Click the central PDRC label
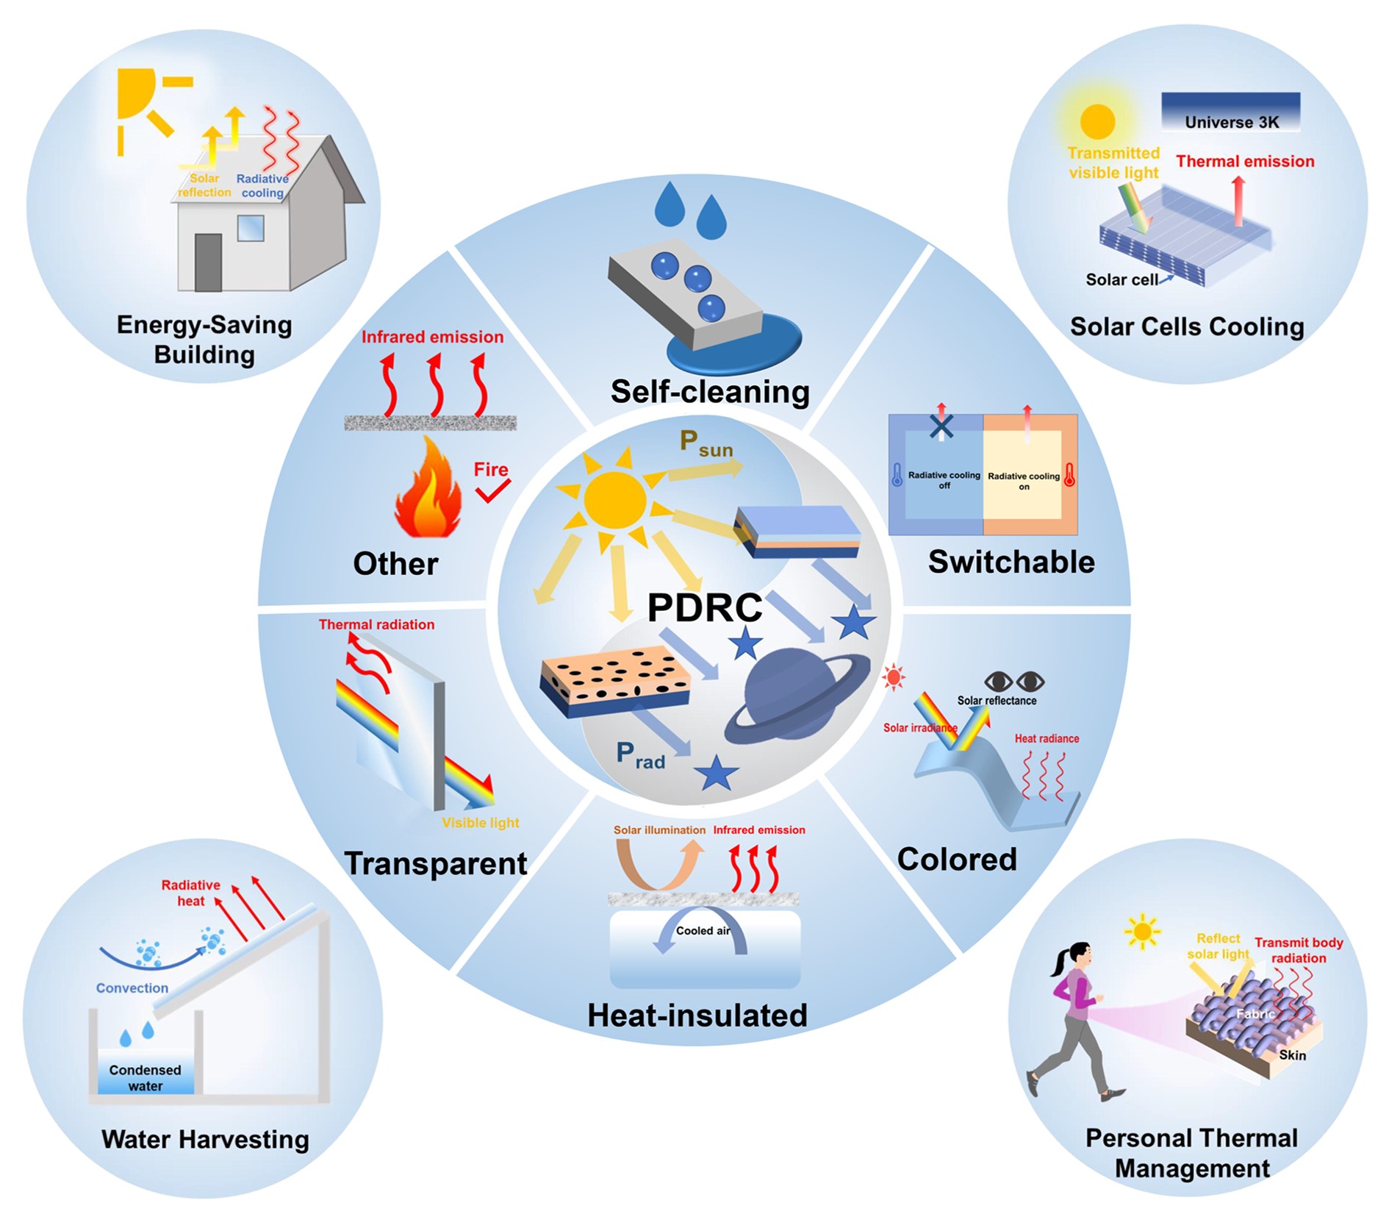point(705,607)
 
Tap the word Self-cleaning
point(709,391)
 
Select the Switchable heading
point(1011,562)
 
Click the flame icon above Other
point(428,489)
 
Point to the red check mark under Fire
point(492,490)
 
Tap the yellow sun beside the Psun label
point(614,500)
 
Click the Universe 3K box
point(1230,113)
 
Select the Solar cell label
point(1121,279)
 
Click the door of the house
point(208,263)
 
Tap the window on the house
point(250,229)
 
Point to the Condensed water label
point(145,1077)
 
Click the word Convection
point(132,988)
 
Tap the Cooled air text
point(703,931)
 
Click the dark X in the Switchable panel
point(941,426)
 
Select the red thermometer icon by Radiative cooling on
point(1069,474)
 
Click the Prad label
point(640,755)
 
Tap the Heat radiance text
point(1047,738)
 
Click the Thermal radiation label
point(376,624)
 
